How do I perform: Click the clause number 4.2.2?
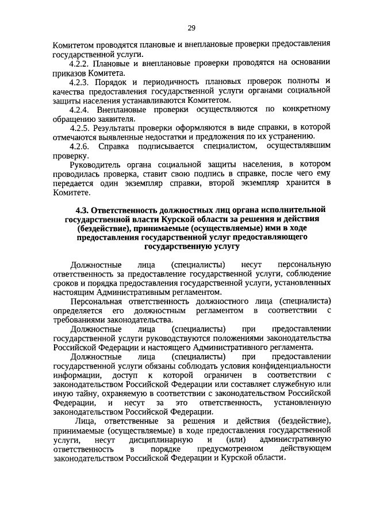[80, 63]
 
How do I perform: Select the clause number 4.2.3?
[80, 81]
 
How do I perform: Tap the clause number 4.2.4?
[80, 109]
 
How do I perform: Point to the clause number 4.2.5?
[80, 128]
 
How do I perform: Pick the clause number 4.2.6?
[80, 147]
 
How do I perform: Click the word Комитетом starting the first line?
[72, 44]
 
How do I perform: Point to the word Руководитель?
[95, 165]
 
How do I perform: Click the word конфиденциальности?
[292, 365]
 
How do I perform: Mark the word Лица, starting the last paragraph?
[80, 421]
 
